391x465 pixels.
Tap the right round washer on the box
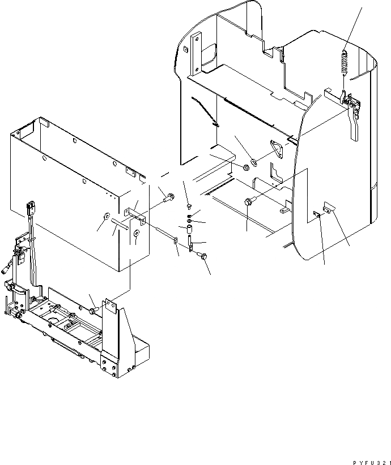(x=137, y=233)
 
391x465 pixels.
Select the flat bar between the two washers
(x=121, y=225)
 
